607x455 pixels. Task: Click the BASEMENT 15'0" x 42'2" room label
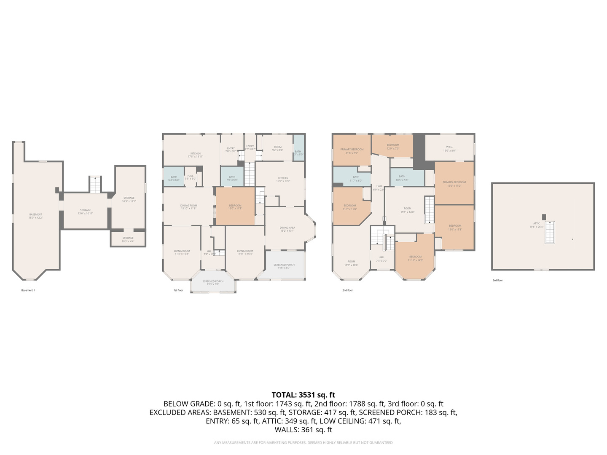tap(35, 216)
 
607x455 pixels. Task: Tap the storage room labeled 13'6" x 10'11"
tap(86, 211)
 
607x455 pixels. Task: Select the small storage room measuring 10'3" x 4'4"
tap(128, 239)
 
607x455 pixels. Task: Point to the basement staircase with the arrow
tap(95, 185)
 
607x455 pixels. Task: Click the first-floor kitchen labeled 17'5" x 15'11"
tap(195, 155)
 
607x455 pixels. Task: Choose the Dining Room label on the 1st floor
tap(188, 207)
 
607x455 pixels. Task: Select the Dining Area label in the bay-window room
tap(287, 229)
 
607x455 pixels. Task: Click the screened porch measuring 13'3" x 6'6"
tap(213, 283)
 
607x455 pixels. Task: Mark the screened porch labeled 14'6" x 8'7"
tap(284, 266)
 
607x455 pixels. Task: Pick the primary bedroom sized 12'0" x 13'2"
tap(454, 184)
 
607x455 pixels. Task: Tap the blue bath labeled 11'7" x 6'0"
tap(356, 179)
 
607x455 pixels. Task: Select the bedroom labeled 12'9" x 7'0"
tap(393, 146)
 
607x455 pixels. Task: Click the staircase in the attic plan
tap(550, 233)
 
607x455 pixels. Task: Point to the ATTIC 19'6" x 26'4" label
tap(537, 225)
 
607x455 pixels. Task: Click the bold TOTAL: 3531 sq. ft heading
tap(303, 395)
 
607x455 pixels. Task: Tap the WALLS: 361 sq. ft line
tap(303, 430)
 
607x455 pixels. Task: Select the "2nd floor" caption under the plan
tap(347, 290)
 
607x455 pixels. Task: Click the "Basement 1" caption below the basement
tap(28, 290)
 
